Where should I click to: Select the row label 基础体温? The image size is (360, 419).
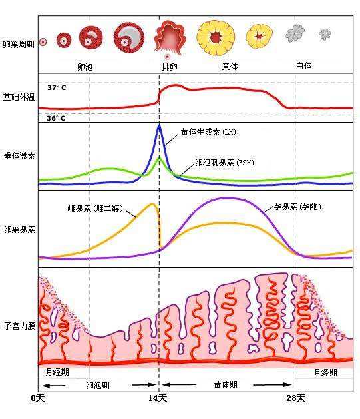click(x=18, y=98)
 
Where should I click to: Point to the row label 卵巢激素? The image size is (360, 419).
click(x=18, y=229)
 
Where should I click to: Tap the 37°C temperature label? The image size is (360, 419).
click(x=57, y=87)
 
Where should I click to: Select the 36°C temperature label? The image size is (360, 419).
click(x=57, y=118)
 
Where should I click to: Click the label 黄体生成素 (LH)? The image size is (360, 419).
click(x=208, y=132)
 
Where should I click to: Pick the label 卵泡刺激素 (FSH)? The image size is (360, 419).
click(x=224, y=162)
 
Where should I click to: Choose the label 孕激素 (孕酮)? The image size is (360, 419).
click(x=297, y=206)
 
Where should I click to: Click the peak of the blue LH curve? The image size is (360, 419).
click(x=159, y=125)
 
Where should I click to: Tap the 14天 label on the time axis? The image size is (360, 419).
click(x=158, y=398)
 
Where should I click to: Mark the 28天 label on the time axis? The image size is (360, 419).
click(x=296, y=398)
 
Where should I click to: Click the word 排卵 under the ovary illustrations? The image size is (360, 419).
click(x=170, y=67)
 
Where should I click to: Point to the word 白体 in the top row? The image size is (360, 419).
click(x=303, y=66)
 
